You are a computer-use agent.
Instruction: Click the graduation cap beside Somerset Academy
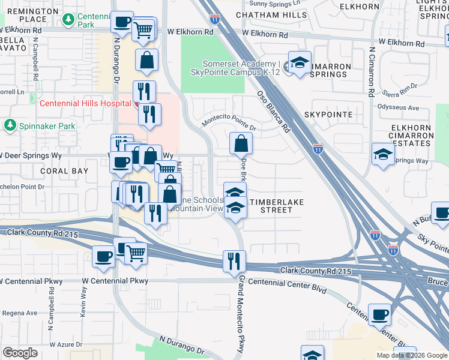pyautogui.click(x=298, y=63)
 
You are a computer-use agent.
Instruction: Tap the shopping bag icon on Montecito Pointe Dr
pyautogui.click(x=241, y=143)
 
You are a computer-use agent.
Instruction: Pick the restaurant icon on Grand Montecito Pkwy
pyautogui.click(x=234, y=260)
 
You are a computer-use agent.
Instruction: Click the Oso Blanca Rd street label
pyautogui.click(x=273, y=112)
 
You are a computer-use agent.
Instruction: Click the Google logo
pyautogui.click(x=20, y=352)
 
